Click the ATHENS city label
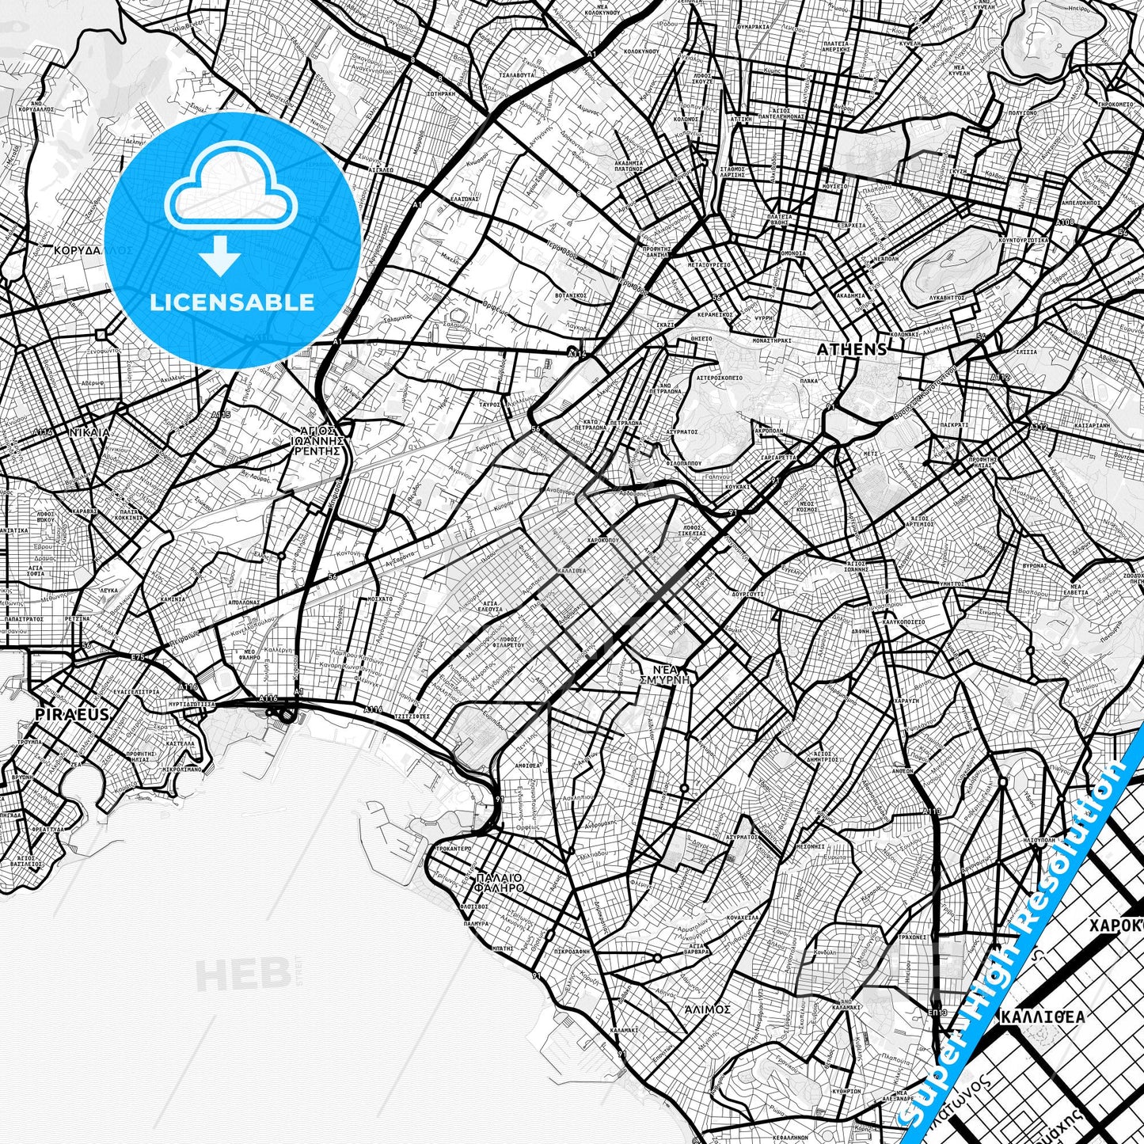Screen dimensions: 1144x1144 click(x=852, y=349)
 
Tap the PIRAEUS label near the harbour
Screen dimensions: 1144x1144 click(x=61, y=714)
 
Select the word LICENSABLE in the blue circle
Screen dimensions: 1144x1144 click(x=232, y=302)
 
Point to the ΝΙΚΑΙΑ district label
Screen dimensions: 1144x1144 click(x=89, y=433)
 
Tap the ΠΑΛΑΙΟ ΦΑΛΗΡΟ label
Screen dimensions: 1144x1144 click(x=500, y=883)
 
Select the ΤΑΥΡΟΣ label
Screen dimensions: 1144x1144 click(x=500, y=404)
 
